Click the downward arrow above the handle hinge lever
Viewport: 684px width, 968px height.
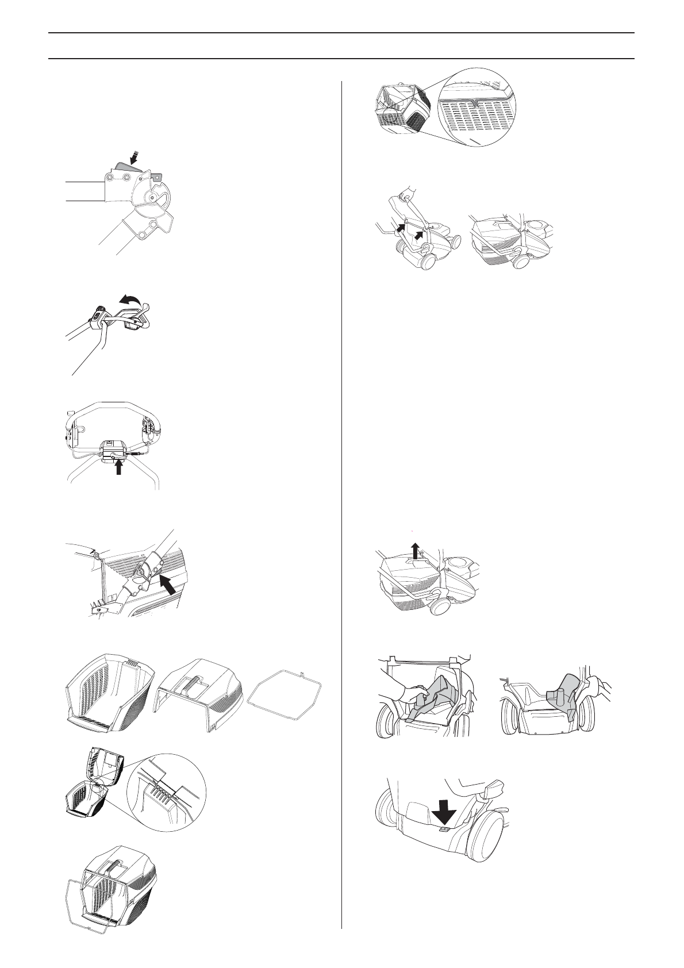coord(135,156)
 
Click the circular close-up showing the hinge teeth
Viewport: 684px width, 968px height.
coord(166,793)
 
